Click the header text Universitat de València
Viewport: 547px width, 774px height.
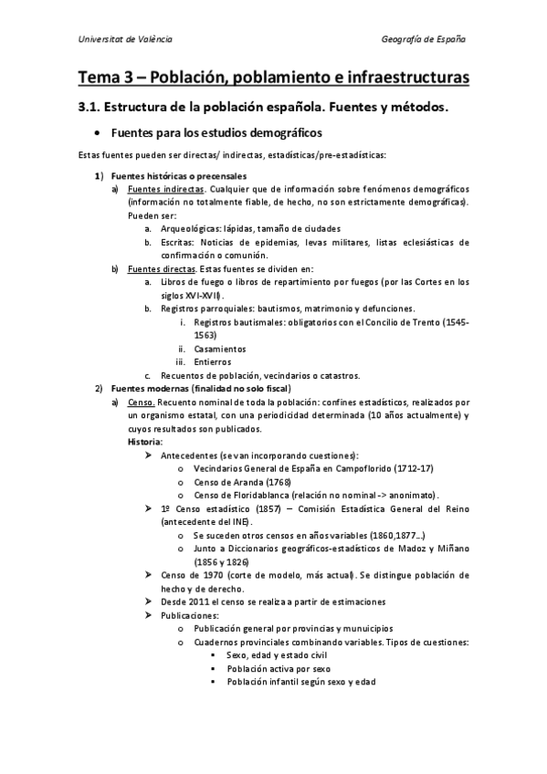point(125,39)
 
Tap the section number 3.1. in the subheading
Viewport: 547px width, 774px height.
point(92,108)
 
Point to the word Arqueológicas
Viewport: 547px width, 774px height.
point(189,228)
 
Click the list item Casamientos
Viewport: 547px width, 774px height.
point(220,349)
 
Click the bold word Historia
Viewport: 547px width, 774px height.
point(145,442)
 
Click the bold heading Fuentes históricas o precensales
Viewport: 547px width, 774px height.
point(178,175)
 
